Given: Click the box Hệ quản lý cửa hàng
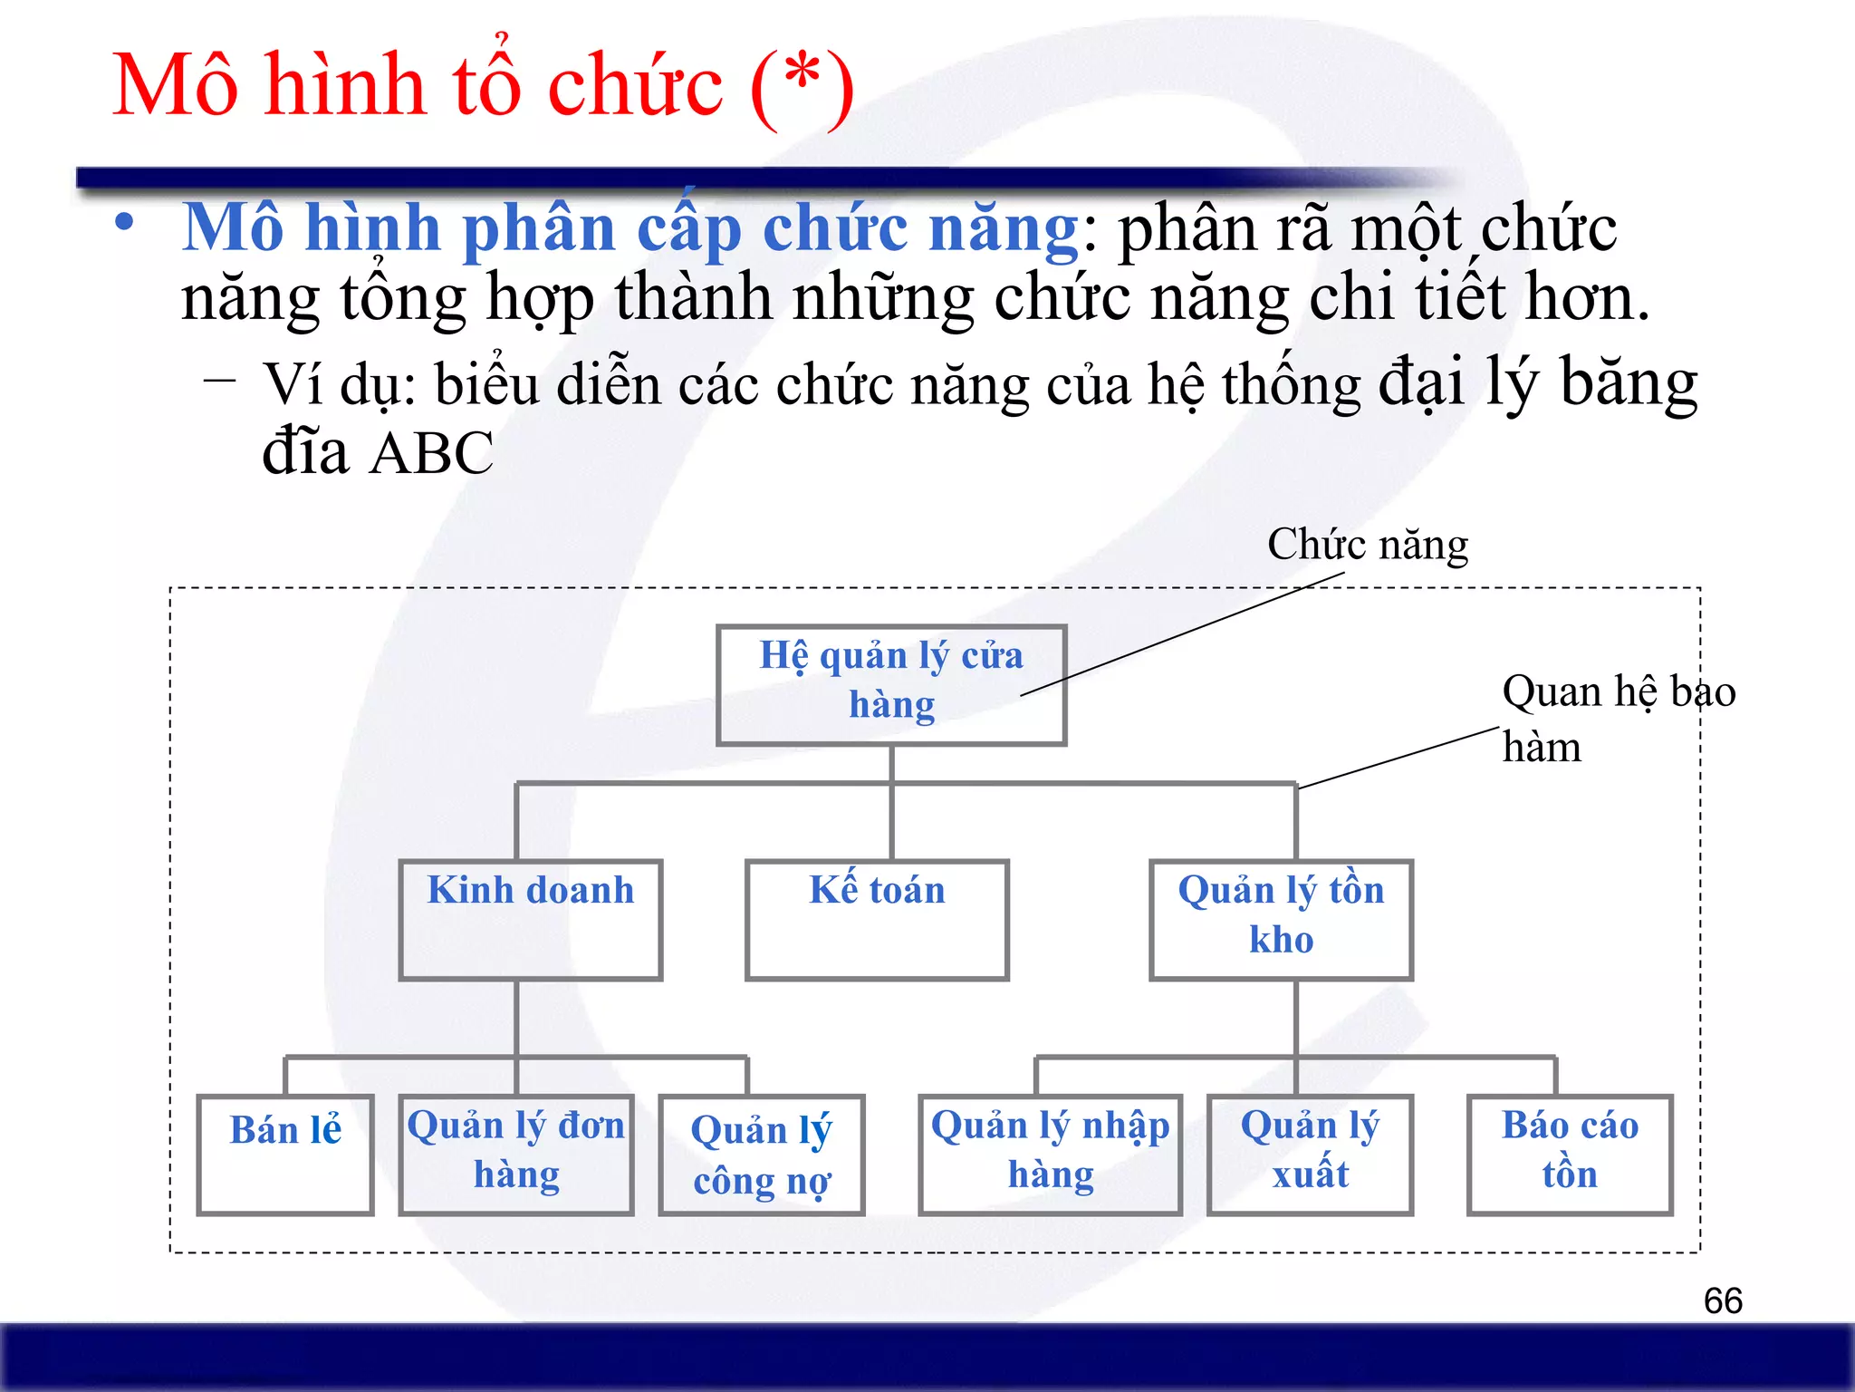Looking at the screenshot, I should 891,685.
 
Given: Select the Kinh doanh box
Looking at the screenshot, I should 531,920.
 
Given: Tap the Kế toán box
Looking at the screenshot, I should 877,920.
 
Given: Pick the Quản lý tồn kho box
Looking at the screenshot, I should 1281,920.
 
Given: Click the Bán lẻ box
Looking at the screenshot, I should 285,1155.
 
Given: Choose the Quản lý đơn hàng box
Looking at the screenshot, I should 516,1155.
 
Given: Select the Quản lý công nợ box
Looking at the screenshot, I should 762,1155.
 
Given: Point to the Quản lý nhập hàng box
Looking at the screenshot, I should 1051,1155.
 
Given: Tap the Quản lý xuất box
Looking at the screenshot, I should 1310,1155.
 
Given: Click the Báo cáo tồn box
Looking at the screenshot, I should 1570,1155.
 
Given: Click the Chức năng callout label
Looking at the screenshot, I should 1368,546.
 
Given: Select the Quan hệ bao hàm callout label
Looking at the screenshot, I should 1617,719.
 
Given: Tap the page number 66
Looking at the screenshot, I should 1723,1301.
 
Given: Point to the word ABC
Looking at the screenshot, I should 432,453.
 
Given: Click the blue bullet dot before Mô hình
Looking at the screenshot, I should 125,223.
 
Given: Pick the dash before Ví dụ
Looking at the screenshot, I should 220,381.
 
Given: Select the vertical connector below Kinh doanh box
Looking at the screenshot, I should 516,1017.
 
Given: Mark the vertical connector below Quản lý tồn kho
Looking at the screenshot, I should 1296,1017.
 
